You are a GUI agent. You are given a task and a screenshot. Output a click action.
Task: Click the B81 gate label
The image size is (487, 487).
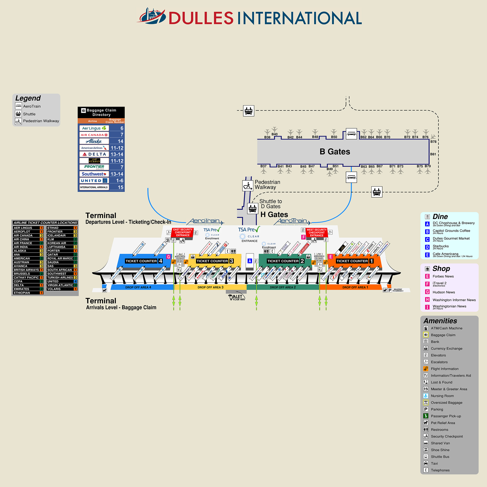click(x=433, y=154)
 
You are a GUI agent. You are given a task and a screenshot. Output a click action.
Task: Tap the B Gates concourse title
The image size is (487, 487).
click(x=335, y=152)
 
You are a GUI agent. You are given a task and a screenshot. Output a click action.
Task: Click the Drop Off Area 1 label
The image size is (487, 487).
click(x=355, y=287)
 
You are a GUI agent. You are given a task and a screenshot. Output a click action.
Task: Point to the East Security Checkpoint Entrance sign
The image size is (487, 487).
click(x=183, y=232)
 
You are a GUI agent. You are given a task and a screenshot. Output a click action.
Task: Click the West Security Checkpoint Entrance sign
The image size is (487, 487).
click(x=317, y=232)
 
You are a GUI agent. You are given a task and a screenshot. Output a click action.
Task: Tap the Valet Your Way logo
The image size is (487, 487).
click(x=237, y=298)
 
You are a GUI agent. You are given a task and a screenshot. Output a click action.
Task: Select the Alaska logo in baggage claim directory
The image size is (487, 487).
click(x=94, y=141)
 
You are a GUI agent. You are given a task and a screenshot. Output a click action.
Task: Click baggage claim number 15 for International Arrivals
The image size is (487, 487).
click(x=120, y=187)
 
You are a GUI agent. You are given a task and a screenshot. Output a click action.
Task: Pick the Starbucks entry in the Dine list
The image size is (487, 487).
click(x=441, y=246)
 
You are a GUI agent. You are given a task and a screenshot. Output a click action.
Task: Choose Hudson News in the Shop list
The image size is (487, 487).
click(x=444, y=292)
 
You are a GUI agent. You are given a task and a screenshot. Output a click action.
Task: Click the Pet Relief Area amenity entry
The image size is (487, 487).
click(x=443, y=423)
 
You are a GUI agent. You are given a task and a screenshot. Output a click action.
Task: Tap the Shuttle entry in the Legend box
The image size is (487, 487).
click(x=29, y=114)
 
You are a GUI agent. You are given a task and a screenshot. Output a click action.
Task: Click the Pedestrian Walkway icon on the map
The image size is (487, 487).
click(x=248, y=186)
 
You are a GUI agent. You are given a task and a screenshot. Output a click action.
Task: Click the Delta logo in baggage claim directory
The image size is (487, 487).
click(x=94, y=154)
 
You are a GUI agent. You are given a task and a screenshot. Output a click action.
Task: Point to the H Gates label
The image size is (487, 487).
click(x=274, y=214)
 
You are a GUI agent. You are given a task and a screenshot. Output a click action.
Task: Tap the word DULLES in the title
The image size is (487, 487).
click(x=201, y=18)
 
